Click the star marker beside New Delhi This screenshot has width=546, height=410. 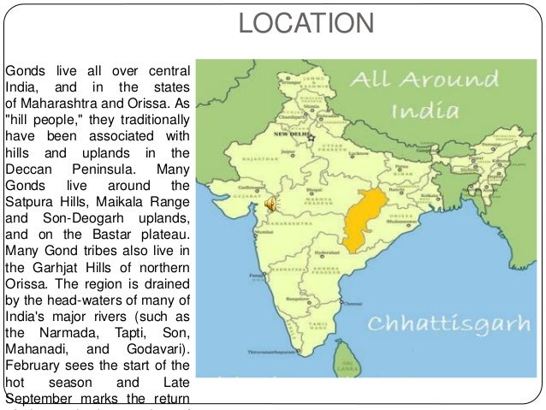tap(311, 136)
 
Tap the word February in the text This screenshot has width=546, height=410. tap(33, 364)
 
